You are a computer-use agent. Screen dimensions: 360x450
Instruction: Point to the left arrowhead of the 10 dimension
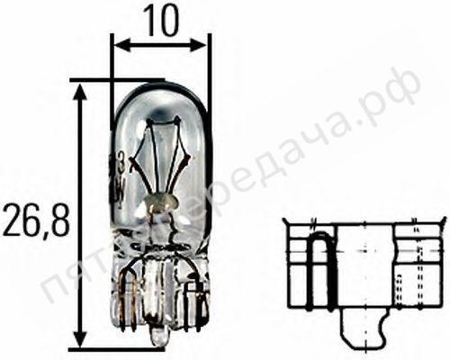point(117,45)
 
